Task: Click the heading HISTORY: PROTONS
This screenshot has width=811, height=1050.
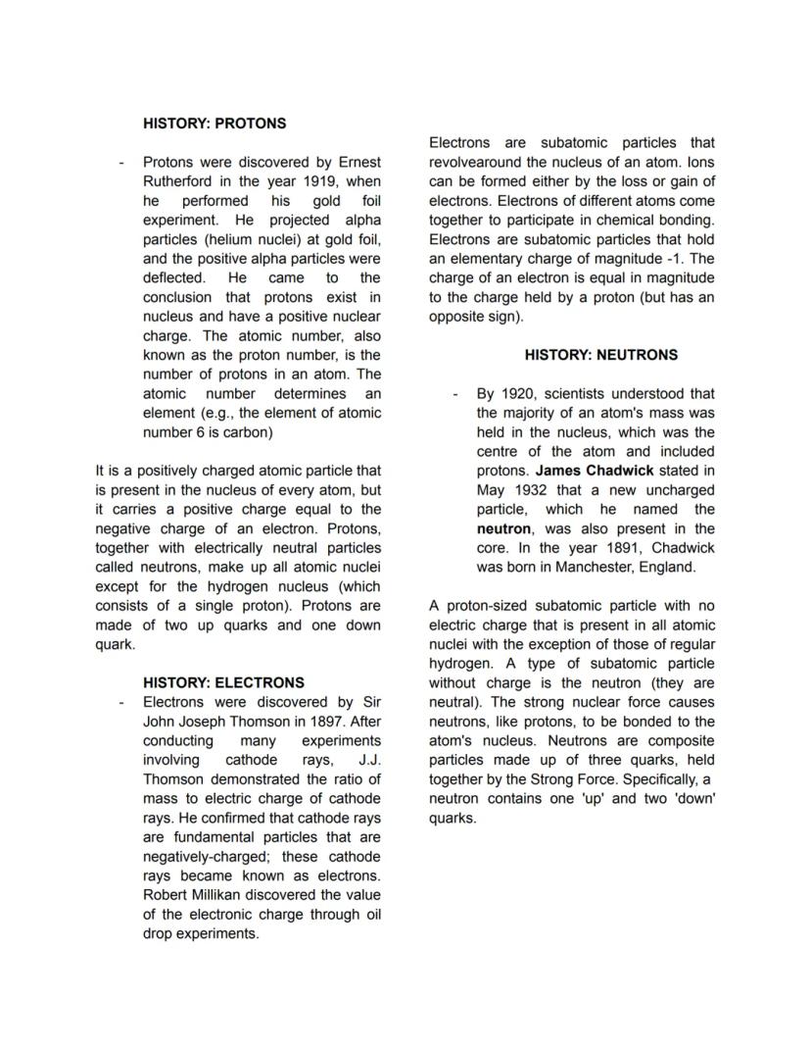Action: pos(215,124)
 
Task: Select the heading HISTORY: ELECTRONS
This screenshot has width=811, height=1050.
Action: pos(223,682)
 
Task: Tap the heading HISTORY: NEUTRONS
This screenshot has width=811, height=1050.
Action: pos(600,355)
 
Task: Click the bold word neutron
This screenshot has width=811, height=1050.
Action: pos(503,528)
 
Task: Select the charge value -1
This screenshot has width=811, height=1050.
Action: pos(676,259)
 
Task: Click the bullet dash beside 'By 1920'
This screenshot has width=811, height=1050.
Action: pos(455,394)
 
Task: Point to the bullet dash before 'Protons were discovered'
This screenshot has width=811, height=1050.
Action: pos(120,163)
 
